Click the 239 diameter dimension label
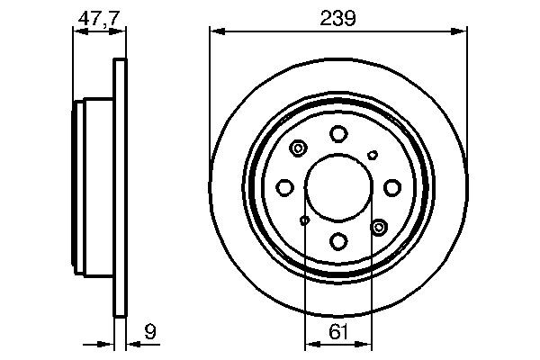pyautogui.click(x=338, y=17)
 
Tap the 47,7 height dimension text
pyautogui.click(x=97, y=17)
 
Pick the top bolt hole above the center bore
pyautogui.click(x=338, y=135)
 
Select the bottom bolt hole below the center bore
pyautogui.click(x=338, y=240)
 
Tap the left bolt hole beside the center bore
pyautogui.click(x=285, y=187)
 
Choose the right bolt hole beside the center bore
pyautogui.click(x=391, y=187)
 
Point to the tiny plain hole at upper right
pyautogui.click(x=373, y=155)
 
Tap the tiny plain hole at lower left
pyautogui.click(x=304, y=220)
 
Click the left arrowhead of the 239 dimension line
pyautogui.click(x=215, y=31)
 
